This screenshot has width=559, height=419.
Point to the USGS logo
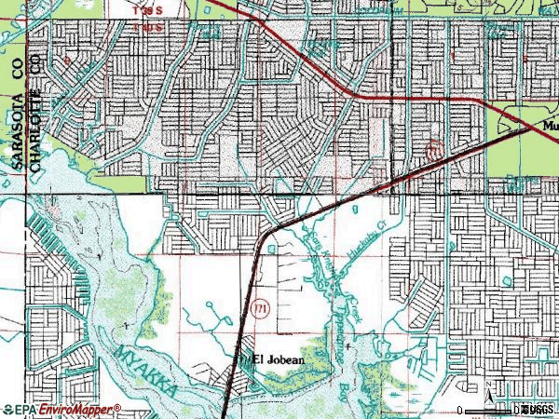(538, 410)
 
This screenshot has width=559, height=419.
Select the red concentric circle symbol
(431, 149)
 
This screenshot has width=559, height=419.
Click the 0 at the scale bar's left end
(461, 410)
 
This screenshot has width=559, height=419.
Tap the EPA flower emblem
(9, 409)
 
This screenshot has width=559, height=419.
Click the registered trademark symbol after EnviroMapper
(118, 407)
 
